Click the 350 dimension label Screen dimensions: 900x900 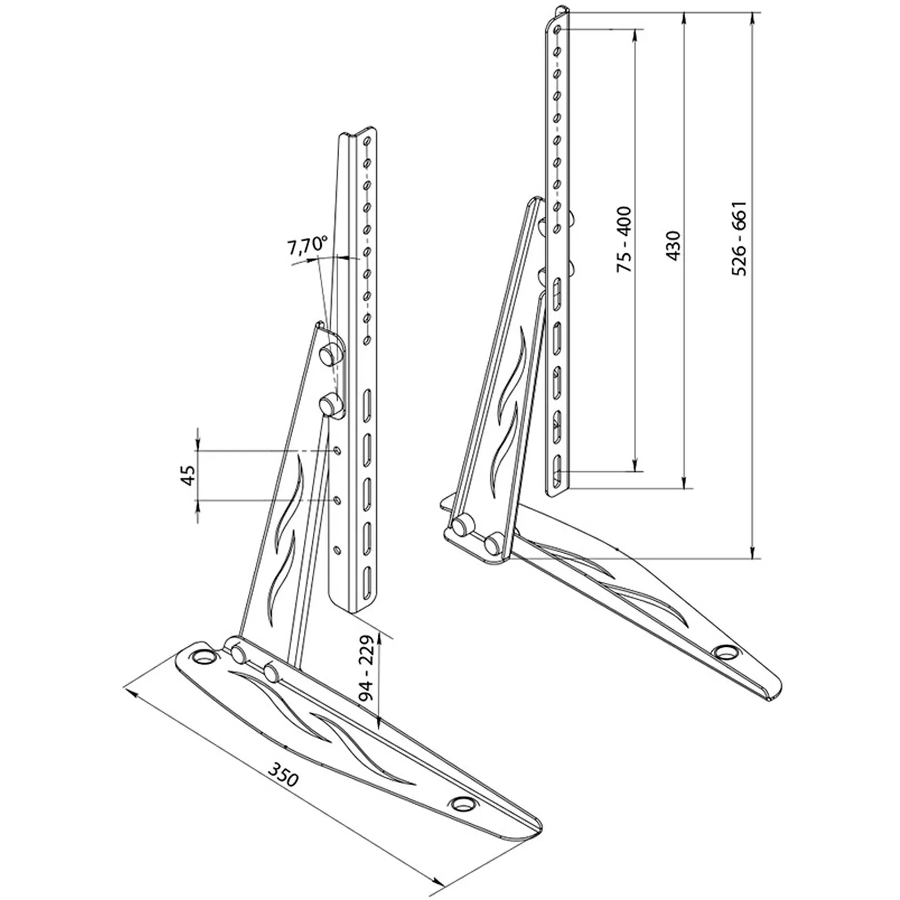[283, 774]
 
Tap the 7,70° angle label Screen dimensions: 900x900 [307, 245]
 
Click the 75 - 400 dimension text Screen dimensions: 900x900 [624, 239]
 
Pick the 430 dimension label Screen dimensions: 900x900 [673, 245]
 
